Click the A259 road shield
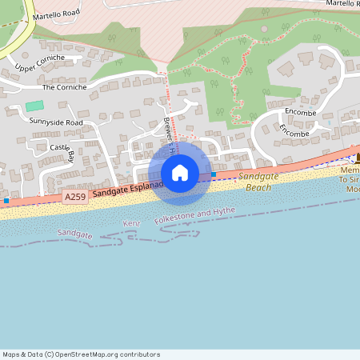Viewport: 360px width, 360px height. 75,196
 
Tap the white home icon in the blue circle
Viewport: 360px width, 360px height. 180,173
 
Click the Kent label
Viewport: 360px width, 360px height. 132,222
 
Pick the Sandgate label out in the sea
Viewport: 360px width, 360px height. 75,234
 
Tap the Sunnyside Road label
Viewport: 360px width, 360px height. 56,122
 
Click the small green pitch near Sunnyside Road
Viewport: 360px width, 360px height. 34,106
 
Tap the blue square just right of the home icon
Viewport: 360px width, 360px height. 214,174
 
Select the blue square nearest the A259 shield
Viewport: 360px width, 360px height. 6,200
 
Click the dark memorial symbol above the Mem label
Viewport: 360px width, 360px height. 358,158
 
